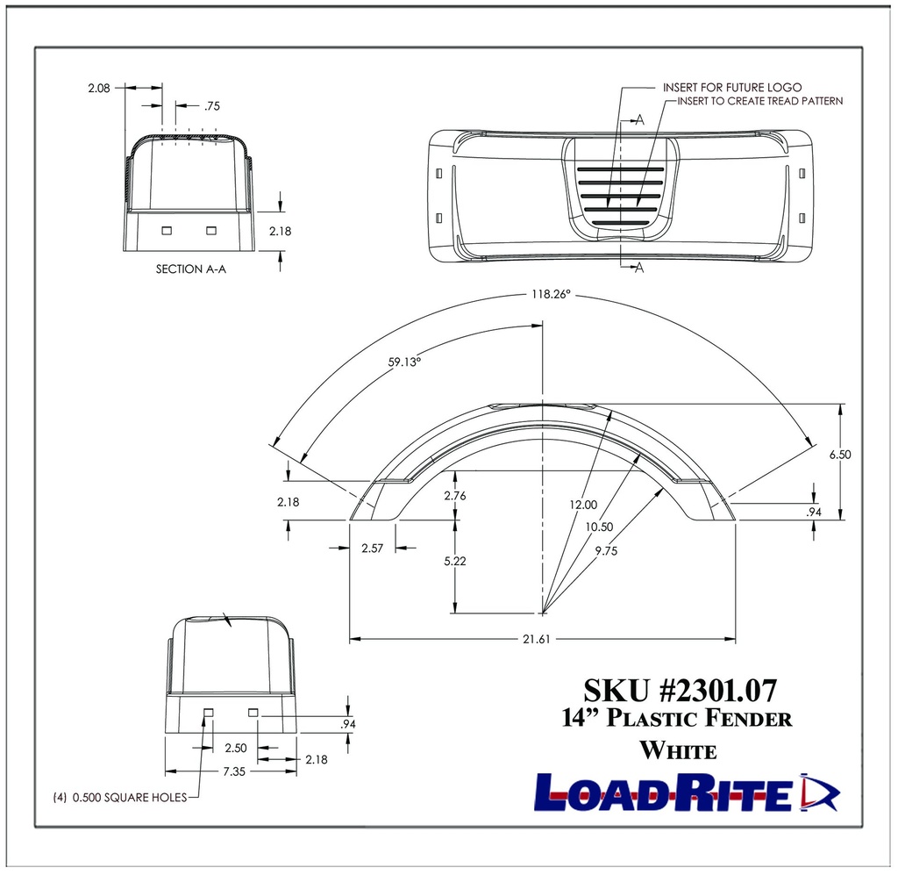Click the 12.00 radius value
click(x=583, y=505)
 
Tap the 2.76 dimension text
click(x=455, y=496)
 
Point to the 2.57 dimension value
click(x=373, y=549)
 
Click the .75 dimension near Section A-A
click(x=211, y=106)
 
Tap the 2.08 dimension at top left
click(x=98, y=88)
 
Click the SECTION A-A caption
click(x=191, y=269)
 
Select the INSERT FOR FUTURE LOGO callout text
click(x=720, y=88)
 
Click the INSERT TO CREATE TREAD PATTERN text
click(x=759, y=101)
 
